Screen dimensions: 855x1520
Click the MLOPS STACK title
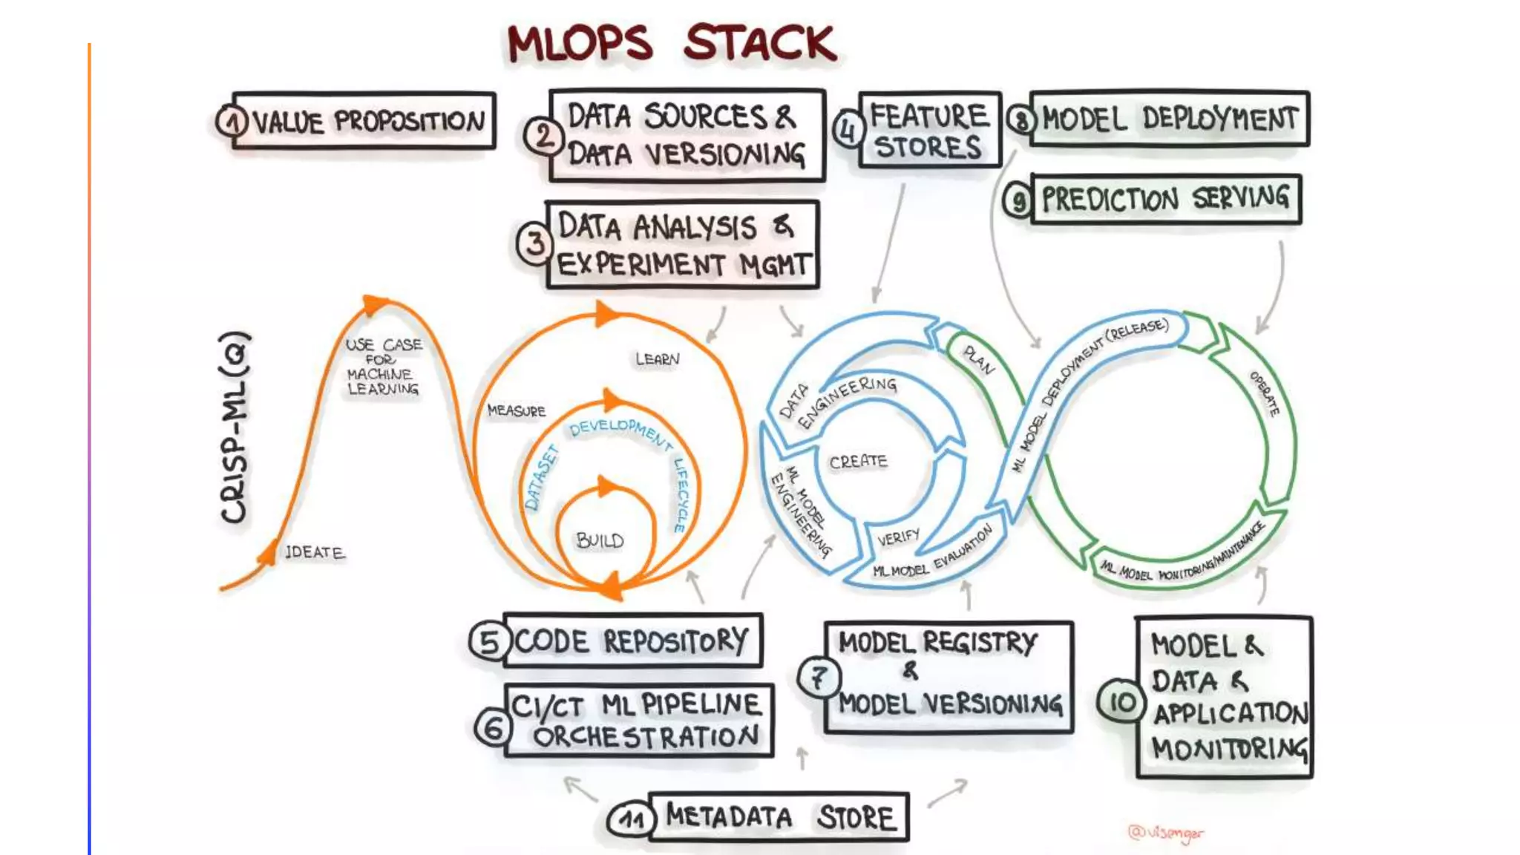coord(672,43)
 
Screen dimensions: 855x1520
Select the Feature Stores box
coord(929,131)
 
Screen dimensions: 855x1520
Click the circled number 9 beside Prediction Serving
coord(1018,200)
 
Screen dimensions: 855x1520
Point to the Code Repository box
coord(632,641)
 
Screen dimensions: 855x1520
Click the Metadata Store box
coord(779,817)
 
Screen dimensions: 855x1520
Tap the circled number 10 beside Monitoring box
coord(1121,701)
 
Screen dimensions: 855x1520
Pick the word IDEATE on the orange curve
coord(315,552)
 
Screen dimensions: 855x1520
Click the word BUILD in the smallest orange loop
coord(600,540)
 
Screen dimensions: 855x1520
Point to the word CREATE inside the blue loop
coord(858,462)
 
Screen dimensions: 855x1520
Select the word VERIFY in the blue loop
coord(898,537)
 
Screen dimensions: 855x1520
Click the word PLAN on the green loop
coord(979,361)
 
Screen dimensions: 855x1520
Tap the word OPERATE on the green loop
coord(1265,393)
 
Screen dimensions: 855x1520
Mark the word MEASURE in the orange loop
coord(516,410)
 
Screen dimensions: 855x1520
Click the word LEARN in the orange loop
coord(657,359)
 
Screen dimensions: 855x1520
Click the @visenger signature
coord(1165,833)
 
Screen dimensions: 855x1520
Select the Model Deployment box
coord(1170,119)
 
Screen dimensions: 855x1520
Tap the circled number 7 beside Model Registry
coord(818,677)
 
